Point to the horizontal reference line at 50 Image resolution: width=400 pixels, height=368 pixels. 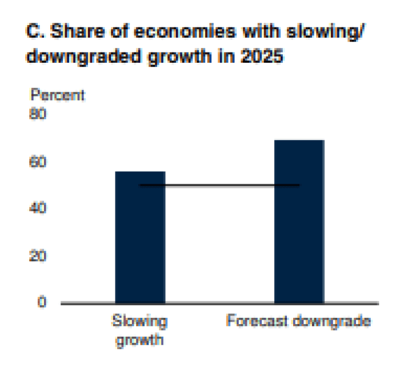219,185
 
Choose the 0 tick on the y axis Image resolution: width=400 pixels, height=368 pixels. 41,302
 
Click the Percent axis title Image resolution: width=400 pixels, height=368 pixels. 58,95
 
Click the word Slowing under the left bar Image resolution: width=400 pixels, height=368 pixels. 140,321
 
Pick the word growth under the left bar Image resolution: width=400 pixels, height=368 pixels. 140,341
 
